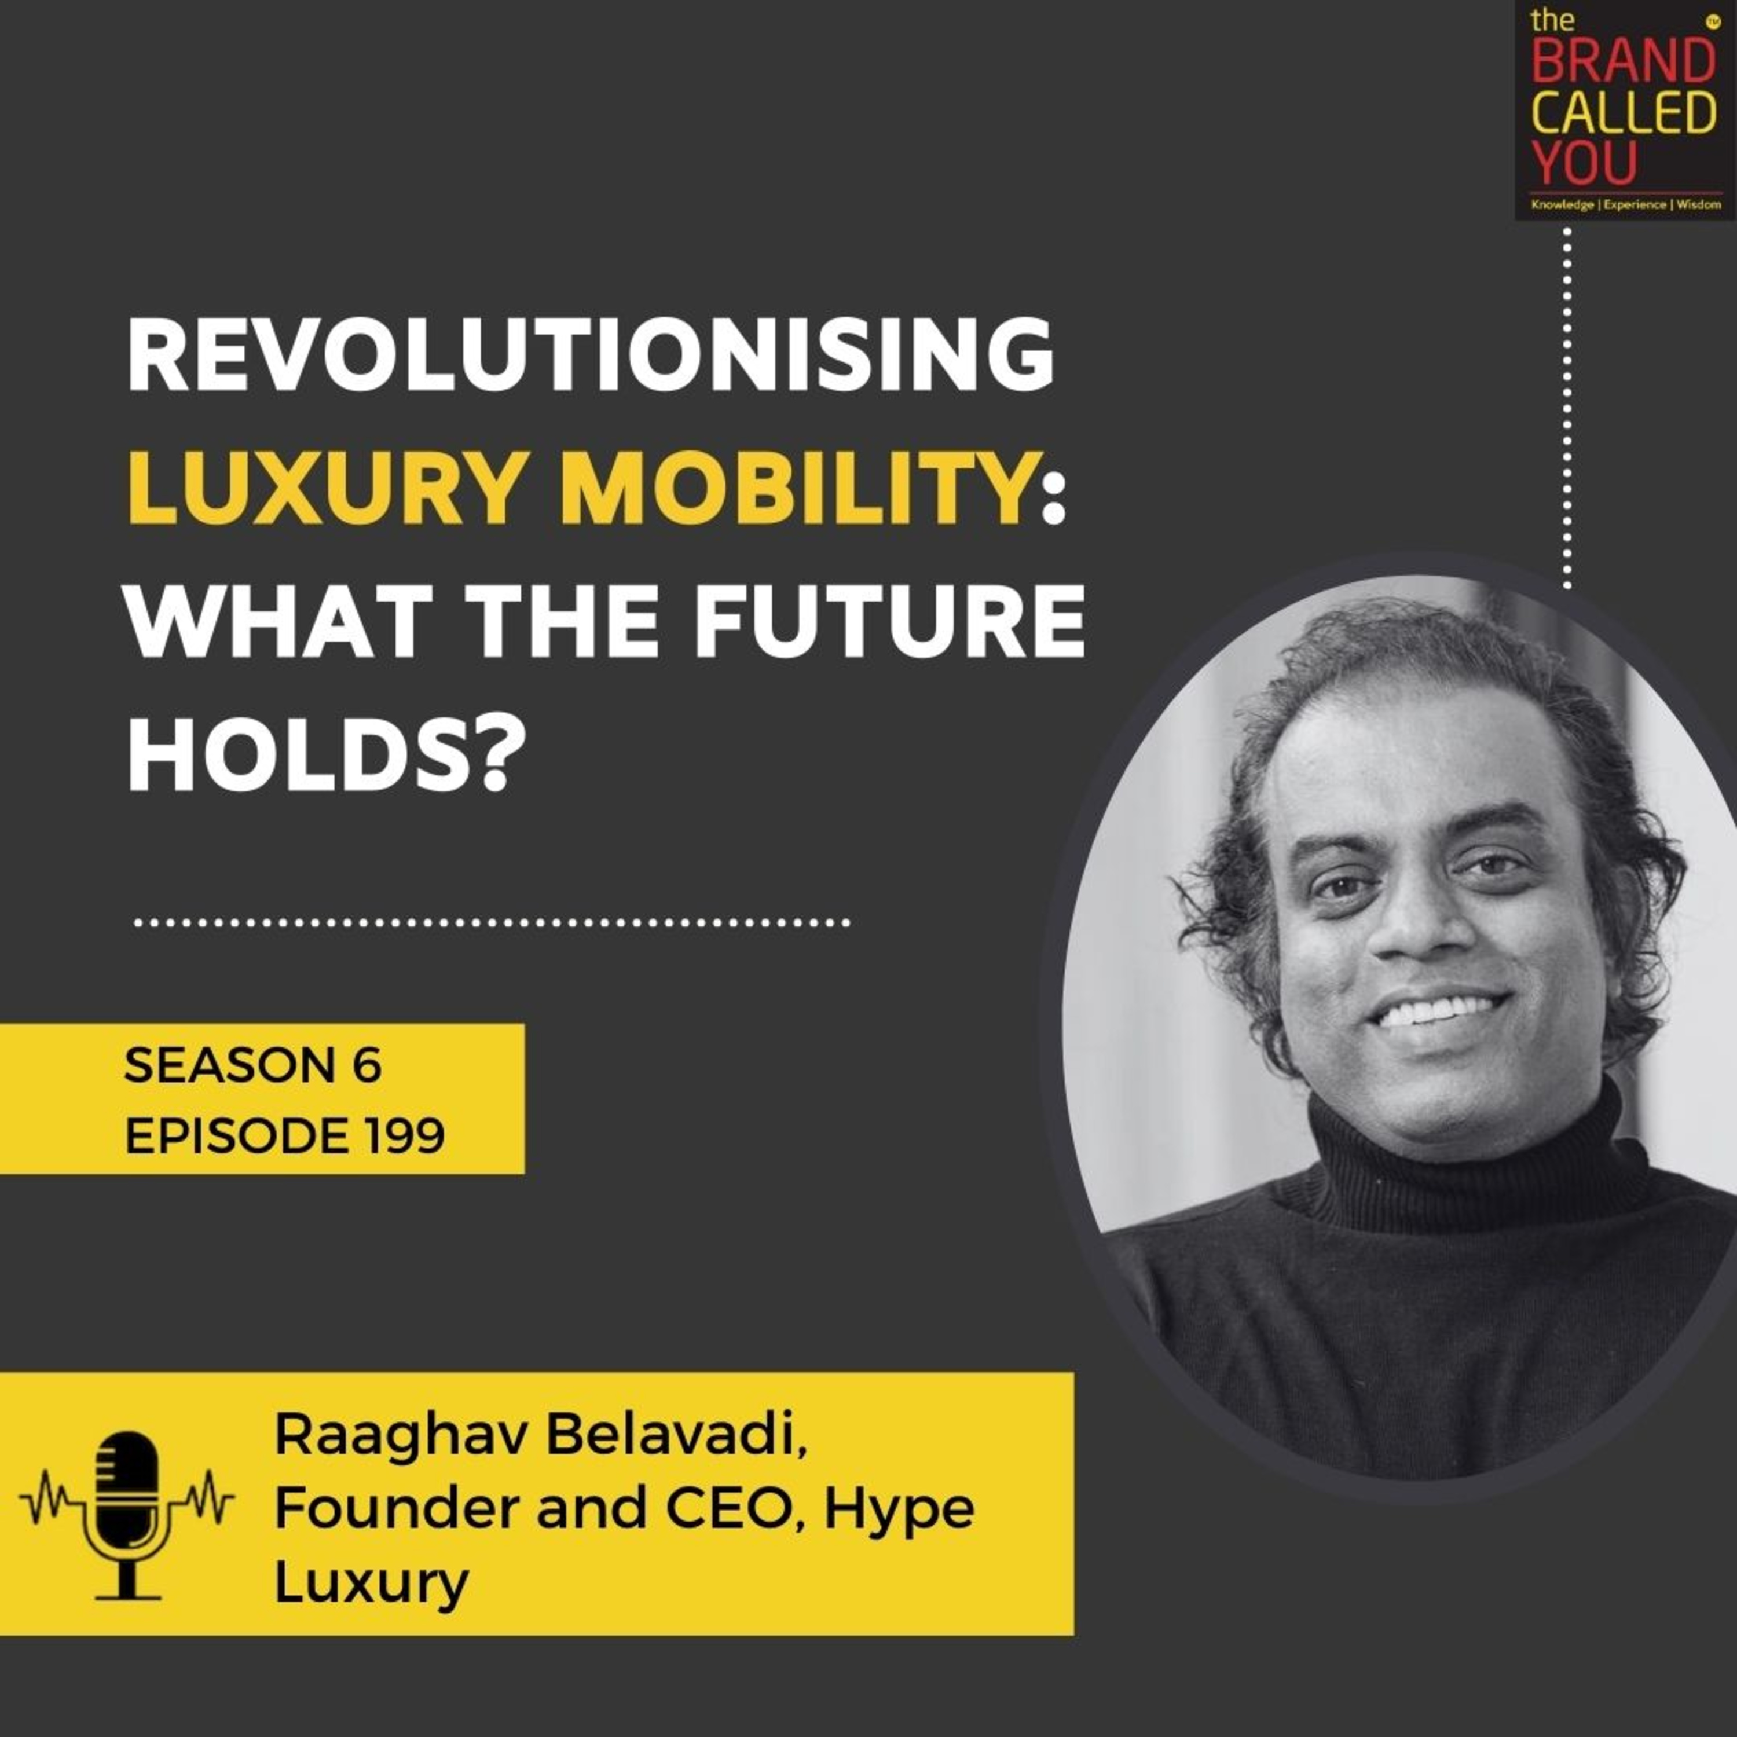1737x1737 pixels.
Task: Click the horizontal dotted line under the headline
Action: point(491,922)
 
